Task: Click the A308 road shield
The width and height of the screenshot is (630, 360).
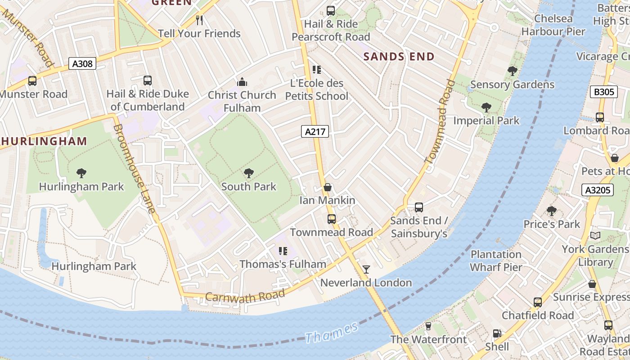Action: coord(82,64)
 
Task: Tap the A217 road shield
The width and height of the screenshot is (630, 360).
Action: coord(315,131)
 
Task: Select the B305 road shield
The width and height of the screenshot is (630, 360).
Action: coord(603,92)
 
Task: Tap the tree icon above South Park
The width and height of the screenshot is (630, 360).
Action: coord(248,173)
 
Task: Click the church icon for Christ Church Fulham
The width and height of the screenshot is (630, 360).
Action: coord(242,82)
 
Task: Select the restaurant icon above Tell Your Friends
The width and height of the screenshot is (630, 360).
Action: coord(199,20)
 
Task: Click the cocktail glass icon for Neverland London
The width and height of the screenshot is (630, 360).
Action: coord(366,270)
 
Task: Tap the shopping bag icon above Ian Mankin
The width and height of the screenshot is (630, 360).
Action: coord(328,187)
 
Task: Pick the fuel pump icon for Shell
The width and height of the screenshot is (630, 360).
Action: coord(497,334)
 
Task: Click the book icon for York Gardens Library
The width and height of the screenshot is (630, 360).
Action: coord(595,236)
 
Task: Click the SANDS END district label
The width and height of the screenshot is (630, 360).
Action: coord(399,57)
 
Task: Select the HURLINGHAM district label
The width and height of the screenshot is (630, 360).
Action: coord(44,141)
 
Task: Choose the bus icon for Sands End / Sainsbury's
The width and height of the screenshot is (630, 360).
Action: coord(419,207)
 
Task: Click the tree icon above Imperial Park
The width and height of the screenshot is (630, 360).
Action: coord(486,108)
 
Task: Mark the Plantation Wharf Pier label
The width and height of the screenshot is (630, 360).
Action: coord(496,261)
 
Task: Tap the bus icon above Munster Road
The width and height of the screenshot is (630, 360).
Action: coord(32,81)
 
